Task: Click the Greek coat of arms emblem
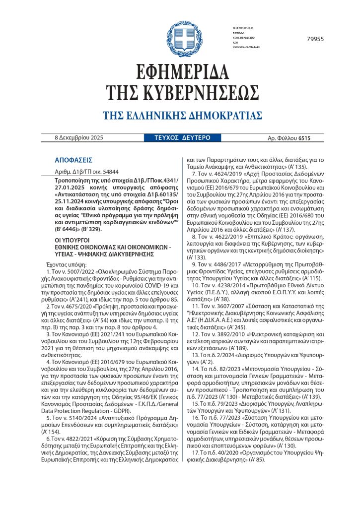180,38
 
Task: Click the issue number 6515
304,138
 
